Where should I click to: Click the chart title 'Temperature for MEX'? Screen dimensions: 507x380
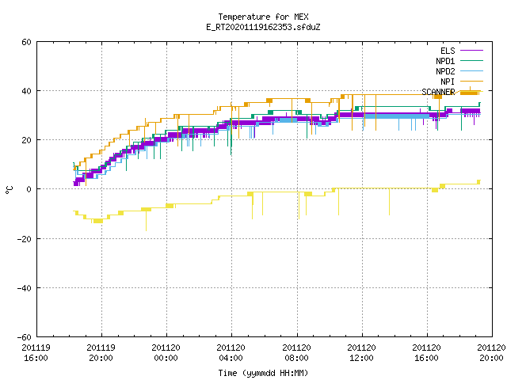(x=263, y=17)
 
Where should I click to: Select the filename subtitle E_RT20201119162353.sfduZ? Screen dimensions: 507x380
(x=263, y=27)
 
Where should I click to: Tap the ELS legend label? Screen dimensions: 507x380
(x=448, y=51)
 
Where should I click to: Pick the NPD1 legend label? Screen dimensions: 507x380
(x=445, y=61)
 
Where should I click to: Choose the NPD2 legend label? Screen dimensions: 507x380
(x=445, y=71)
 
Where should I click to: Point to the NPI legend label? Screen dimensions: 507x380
(x=448, y=82)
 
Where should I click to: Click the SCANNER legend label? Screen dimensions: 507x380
(x=438, y=92)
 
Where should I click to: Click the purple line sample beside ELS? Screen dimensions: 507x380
(x=471, y=51)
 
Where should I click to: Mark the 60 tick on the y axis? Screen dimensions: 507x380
(x=26, y=42)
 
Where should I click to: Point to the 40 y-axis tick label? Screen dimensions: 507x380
(x=26, y=91)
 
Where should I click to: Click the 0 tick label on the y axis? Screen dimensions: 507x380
(x=29, y=189)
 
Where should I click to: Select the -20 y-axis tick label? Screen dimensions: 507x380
(x=25, y=239)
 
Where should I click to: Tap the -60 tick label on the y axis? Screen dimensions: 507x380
(x=25, y=337)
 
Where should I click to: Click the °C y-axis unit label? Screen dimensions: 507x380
(x=9, y=190)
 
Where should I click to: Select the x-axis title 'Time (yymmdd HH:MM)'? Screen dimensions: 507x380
(x=263, y=373)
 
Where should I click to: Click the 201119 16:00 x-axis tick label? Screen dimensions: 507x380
(x=36, y=353)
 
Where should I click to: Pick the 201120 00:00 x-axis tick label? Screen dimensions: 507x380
(x=166, y=353)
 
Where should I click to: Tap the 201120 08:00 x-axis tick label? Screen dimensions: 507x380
(x=296, y=353)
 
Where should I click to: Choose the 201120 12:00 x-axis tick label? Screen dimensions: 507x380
(x=361, y=353)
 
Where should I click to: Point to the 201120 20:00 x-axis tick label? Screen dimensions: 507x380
(x=491, y=353)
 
